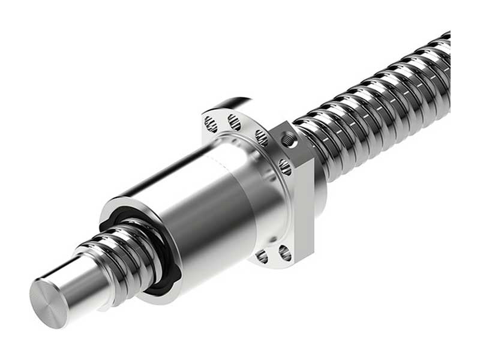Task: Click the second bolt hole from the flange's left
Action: click(x=234, y=123)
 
